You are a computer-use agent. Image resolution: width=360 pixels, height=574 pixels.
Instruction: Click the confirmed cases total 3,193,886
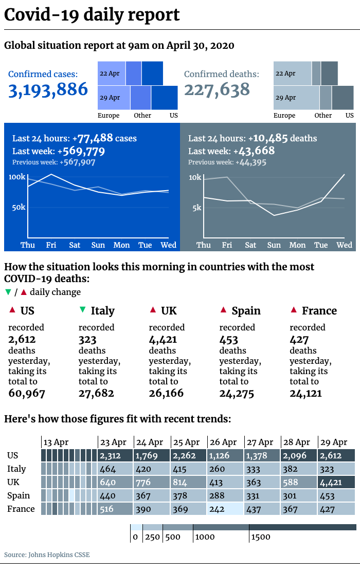point(48,90)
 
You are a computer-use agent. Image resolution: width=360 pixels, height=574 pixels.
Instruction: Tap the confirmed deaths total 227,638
point(217,90)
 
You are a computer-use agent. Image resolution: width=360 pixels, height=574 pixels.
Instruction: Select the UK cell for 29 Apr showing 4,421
point(336,482)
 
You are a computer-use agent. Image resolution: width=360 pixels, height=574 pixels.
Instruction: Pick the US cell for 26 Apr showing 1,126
point(226,455)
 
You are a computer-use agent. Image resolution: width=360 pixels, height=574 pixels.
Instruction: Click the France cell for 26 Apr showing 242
point(226,509)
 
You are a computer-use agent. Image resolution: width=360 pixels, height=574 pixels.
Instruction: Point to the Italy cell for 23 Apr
point(115,469)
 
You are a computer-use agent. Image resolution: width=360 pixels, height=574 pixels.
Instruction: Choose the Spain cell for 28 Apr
point(299,496)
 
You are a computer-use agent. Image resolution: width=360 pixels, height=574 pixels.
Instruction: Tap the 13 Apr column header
point(56,442)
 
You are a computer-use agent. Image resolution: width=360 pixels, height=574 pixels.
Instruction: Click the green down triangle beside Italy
point(83,310)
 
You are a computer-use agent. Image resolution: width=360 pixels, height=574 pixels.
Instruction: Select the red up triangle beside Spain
point(223,310)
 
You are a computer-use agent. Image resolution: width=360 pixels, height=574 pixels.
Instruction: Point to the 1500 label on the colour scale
point(261,537)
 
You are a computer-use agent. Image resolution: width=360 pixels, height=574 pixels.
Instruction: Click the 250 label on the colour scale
point(152,537)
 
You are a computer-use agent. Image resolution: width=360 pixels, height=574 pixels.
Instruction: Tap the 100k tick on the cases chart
point(17,177)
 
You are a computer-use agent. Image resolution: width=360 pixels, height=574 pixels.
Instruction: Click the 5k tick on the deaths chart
point(197,208)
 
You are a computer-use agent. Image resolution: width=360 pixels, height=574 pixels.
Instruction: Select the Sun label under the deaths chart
point(274,245)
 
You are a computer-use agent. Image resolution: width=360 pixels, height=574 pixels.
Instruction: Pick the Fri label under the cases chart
point(51,245)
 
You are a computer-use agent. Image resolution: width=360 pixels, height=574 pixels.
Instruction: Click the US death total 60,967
point(27,394)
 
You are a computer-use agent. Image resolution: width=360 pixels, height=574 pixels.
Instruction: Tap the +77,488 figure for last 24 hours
point(93,138)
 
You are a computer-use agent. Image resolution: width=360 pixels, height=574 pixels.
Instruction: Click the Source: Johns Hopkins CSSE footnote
point(47,554)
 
